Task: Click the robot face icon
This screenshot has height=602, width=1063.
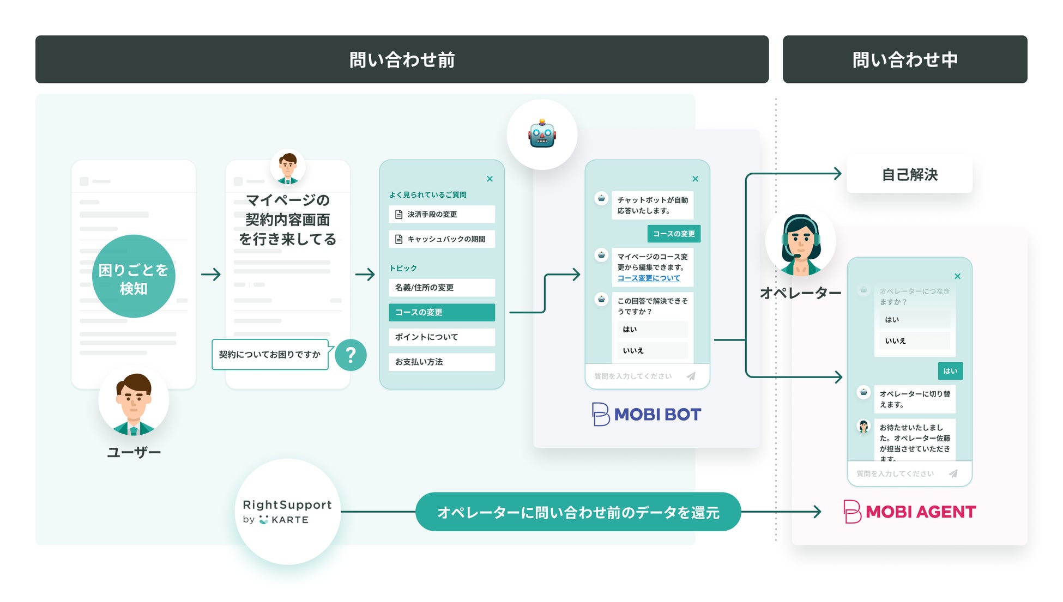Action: click(x=542, y=134)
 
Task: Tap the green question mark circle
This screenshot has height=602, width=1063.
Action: click(x=351, y=355)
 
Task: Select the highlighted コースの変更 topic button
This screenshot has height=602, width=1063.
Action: click(x=442, y=312)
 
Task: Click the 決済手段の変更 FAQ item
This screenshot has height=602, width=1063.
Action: click(x=442, y=214)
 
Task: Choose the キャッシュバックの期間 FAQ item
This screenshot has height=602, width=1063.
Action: click(x=442, y=239)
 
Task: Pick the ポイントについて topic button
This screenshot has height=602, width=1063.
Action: click(x=442, y=337)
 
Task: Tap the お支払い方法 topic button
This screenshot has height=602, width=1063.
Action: click(x=442, y=362)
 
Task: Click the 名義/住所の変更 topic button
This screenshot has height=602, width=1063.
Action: click(x=442, y=288)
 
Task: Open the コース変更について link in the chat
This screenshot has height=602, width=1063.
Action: click(x=648, y=278)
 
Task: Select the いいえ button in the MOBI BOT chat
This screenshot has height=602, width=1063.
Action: click(x=652, y=350)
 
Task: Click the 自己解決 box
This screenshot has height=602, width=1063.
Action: click(x=909, y=174)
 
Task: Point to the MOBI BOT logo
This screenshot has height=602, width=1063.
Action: click(x=647, y=415)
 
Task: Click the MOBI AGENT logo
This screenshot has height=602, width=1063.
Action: click(x=909, y=512)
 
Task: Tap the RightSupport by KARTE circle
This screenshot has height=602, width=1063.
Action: click(x=287, y=512)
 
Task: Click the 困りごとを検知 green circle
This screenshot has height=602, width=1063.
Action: click(x=134, y=276)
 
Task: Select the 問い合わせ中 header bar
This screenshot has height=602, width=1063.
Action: click(x=904, y=59)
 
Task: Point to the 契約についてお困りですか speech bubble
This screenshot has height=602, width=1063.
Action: click(x=270, y=355)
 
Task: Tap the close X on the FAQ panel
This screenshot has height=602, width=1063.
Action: click(x=490, y=179)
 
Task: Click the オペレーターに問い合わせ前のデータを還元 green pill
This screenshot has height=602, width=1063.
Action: click(x=578, y=512)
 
